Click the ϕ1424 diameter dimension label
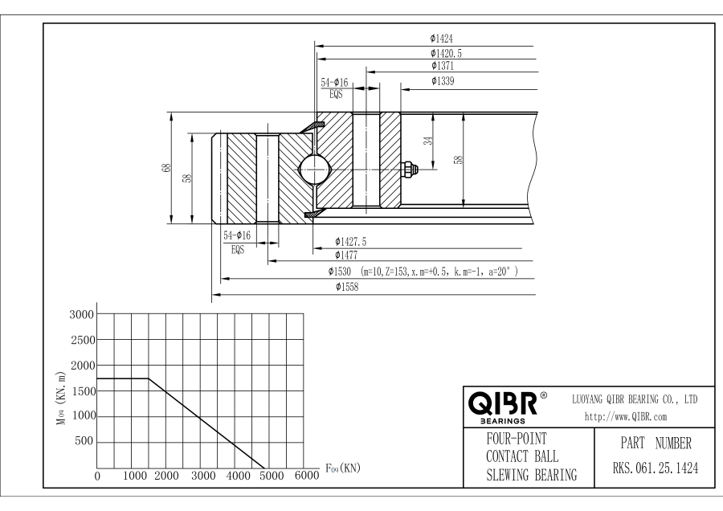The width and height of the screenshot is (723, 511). click(x=441, y=39)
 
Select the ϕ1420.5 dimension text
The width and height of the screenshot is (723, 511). click(x=446, y=54)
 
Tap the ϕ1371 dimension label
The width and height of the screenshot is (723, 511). click(x=443, y=66)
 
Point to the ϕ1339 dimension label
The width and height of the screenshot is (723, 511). click(x=443, y=81)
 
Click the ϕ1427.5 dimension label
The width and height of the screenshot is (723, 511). click(x=350, y=242)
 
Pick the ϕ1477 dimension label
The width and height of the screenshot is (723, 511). click(x=346, y=255)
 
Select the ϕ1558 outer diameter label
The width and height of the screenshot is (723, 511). click(x=347, y=287)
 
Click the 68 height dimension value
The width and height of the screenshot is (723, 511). click(x=166, y=168)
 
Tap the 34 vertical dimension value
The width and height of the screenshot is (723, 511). click(x=428, y=141)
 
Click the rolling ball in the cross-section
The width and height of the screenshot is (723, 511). click(x=313, y=170)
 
